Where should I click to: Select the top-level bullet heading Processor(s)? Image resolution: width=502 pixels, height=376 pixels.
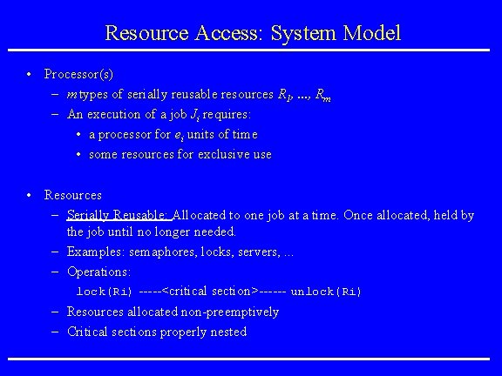(78, 74)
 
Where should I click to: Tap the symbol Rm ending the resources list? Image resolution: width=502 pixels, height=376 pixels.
(322, 95)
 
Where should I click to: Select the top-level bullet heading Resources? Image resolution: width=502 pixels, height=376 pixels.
(73, 195)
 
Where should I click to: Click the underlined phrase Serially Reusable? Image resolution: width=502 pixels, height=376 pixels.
(119, 214)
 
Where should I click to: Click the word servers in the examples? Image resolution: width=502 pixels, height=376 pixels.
(259, 252)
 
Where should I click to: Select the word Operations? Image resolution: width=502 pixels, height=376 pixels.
(98, 272)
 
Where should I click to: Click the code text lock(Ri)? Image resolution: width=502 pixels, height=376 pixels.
(105, 292)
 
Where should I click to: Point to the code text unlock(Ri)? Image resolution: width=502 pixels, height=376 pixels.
(325, 292)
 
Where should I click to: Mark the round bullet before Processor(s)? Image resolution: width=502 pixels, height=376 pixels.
(31, 74)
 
